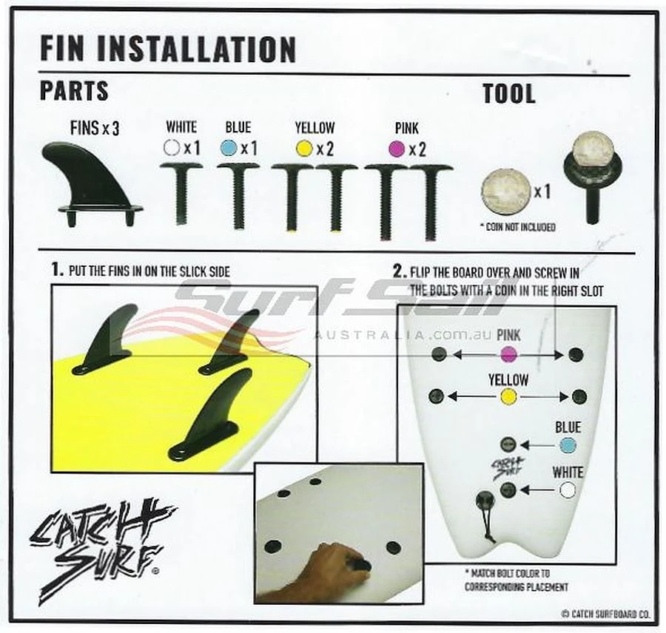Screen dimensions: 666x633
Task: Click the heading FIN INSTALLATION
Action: (168, 49)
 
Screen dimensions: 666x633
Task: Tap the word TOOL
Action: (509, 94)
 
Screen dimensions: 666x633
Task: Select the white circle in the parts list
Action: (172, 148)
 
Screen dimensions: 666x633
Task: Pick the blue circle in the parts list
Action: (229, 148)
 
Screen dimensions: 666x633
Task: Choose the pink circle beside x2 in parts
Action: (397, 149)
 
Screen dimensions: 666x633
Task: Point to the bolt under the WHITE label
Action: (181, 194)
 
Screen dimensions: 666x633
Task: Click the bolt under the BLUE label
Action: (239, 197)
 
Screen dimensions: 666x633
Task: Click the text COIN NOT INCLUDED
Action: (518, 227)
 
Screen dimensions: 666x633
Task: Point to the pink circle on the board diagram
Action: (508, 354)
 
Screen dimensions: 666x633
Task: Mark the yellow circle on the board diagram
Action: (508, 397)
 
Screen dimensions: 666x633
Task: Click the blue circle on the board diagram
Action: (568, 446)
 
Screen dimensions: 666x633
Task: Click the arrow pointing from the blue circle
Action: (538, 446)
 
